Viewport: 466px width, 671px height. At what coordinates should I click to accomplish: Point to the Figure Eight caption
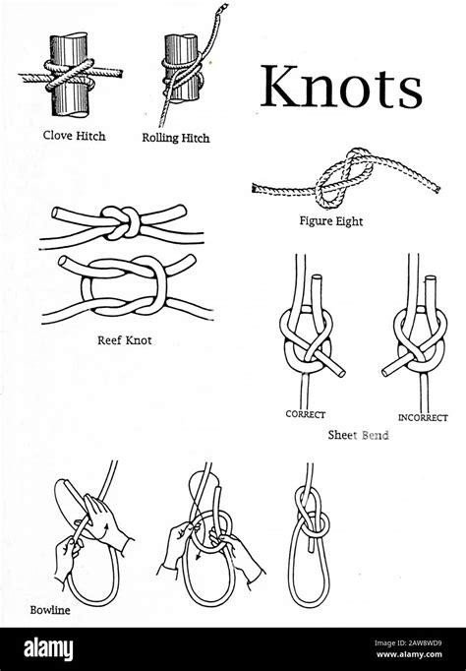tap(330, 221)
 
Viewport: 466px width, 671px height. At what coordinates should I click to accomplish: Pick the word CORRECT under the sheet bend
tap(306, 414)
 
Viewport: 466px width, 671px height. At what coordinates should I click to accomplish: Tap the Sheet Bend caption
tap(357, 433)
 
